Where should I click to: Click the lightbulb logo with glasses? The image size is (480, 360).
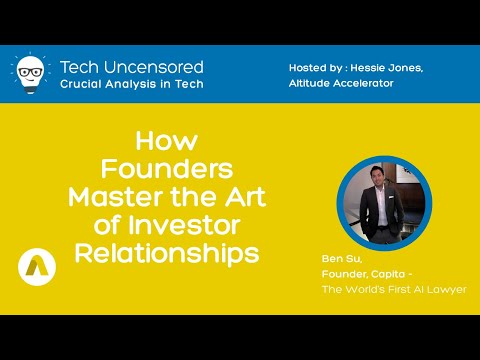coord(30,73)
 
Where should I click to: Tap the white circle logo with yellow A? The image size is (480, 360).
coord(36,264)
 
